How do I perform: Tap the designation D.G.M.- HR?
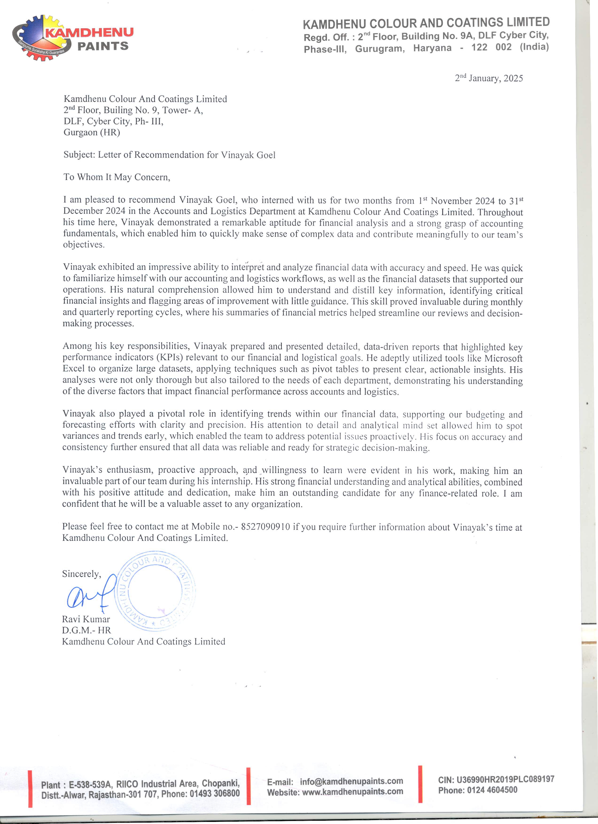[x=86, y=630]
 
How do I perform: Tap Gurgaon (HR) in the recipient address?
[x=91, y=132]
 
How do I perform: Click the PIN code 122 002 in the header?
[x=491, y=47]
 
